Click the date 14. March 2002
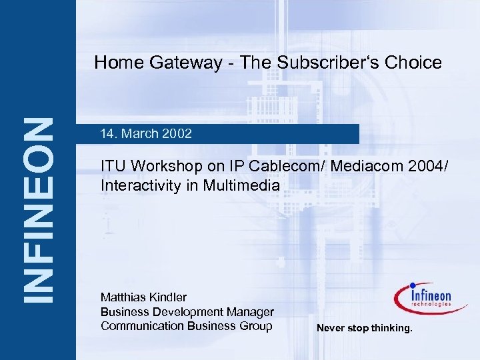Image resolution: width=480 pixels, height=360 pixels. click(x=145, y=134)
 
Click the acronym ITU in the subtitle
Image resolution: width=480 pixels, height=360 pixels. click(x=113, y=166)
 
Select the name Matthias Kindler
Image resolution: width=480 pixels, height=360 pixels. click(x=143, y=297)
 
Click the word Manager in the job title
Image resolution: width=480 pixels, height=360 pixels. click(x=251, y=311)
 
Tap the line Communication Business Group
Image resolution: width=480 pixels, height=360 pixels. click(x=186, y=325)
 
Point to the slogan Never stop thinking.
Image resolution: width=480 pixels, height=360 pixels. click(x=365, y=328)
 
